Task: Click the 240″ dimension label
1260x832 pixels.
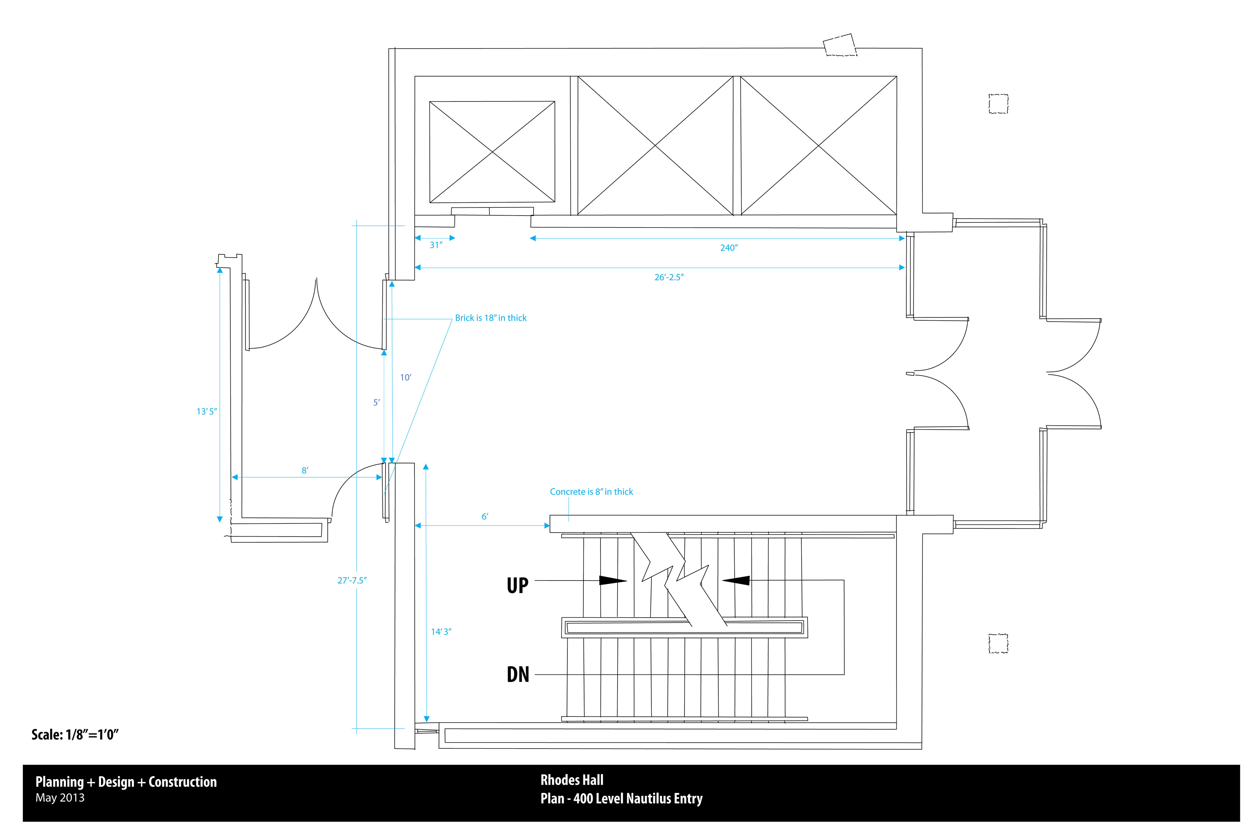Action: [x=728, y=248]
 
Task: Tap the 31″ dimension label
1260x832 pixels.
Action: [x=435, y=245]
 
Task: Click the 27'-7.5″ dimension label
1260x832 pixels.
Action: [x=352, y=581]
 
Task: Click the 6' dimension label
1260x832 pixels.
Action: [x=484, y=516]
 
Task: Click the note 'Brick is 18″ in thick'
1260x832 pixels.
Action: [x=491, y=318]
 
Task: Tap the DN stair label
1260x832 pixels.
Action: [x=518, y=674]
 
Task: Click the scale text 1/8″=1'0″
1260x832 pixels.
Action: [x=75, y=735]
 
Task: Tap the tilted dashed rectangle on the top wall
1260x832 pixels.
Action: [x=840, y=45]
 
